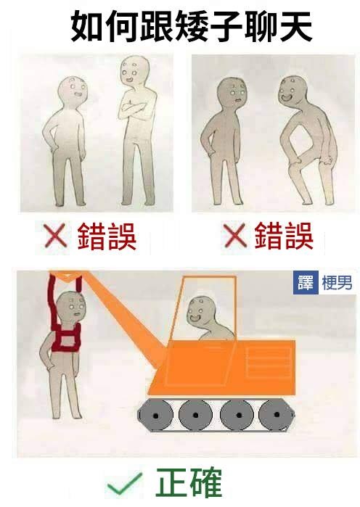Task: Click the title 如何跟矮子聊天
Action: point(192,26)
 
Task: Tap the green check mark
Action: point(125,484)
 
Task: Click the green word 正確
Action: point(189,482)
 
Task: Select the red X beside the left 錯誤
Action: point(55,236)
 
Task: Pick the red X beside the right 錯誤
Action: point(235,236)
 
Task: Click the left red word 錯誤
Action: point(107,236)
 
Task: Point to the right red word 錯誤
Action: point(284,236)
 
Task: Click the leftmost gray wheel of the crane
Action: point(155,415)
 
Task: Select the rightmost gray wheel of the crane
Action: point(276,415)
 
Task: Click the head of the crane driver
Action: point(200,311)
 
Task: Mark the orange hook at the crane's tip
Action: point(66,277)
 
